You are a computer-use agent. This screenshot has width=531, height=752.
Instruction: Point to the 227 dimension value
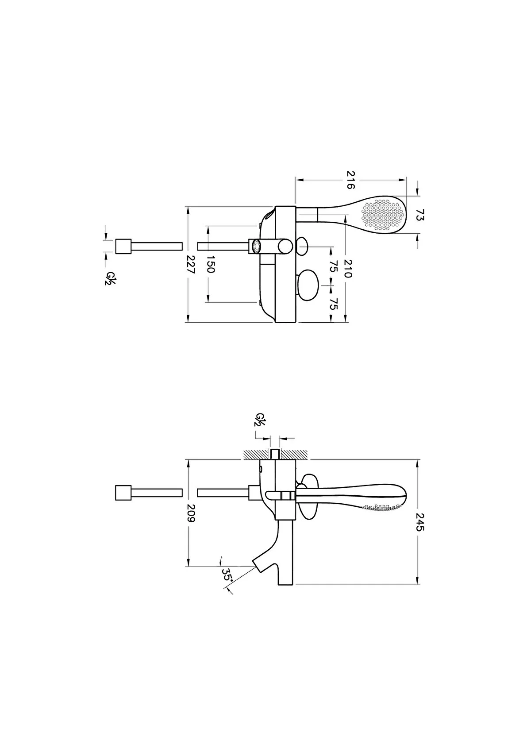[191, 265]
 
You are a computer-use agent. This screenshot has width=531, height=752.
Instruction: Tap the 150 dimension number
[210, 264]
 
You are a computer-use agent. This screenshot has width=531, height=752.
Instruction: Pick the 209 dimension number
[191, 513]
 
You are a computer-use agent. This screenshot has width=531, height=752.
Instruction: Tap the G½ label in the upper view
[108, 279]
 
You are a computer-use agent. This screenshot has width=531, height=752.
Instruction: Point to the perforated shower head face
[383, 215]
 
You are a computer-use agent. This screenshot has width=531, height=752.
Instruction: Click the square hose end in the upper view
[123, 247]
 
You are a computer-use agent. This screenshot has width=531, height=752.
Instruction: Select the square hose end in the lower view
[123, 493]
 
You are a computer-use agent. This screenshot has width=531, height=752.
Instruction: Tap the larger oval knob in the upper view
[309, 286]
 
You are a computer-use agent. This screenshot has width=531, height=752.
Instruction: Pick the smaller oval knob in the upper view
[302, 246]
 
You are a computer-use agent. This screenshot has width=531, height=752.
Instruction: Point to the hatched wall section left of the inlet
[256, 455]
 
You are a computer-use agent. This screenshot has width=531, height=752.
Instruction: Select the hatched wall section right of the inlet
[294, 455]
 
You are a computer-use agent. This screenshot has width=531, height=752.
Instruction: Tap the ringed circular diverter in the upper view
[256, 246]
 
